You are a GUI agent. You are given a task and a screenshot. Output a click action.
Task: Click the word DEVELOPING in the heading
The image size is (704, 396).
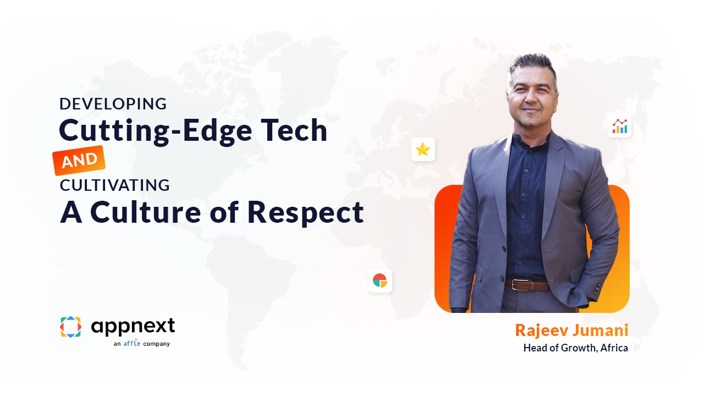(x=113, y=104)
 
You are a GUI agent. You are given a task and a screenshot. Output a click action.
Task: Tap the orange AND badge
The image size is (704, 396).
(x=79, y=160)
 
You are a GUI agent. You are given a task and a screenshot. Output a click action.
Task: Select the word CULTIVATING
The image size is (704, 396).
(x=115, y=185)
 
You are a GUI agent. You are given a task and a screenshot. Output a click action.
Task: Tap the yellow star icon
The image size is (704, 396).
(x=423, y=149)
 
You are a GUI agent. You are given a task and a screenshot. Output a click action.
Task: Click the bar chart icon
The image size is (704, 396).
(x=619, y=126)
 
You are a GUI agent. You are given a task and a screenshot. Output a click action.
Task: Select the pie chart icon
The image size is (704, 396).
(x=380, y=280)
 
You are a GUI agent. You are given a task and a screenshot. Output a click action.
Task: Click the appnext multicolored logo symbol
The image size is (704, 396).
(x=71, y=327)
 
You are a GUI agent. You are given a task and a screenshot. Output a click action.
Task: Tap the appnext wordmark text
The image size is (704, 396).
(x=133, y=326)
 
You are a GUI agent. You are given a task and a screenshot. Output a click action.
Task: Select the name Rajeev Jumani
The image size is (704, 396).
(x=571, y=331)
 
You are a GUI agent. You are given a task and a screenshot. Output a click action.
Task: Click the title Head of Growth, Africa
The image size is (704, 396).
(x=576, y=348)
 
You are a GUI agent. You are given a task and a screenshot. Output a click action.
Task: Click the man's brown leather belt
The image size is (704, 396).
(x=527, y=285)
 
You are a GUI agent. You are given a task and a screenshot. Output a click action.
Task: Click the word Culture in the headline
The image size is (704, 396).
(x=146, y=212)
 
